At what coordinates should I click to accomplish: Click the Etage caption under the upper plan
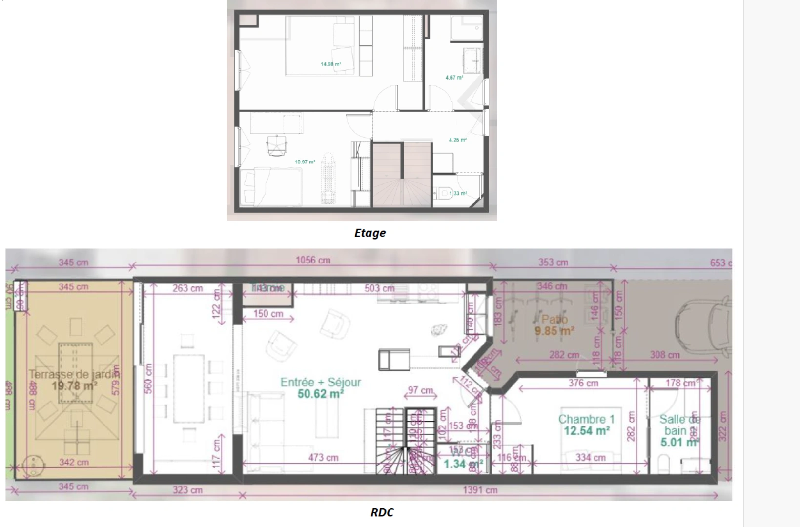(x=370, y=233)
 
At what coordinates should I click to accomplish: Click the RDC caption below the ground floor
(x=382, y=512)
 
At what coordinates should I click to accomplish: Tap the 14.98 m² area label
(x=330, y=64)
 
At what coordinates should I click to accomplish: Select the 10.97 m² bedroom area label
(x=305, y=162)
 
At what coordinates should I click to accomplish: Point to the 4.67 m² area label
(x=454, y=78)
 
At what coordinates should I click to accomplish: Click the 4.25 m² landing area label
(x=457, y=140)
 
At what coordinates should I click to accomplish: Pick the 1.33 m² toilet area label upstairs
(x=458, y=194)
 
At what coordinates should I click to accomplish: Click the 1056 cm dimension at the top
(x=313, y=261)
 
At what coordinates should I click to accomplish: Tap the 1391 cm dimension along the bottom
(x=480, y=490)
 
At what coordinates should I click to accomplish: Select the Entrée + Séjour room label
(x=321, y=382)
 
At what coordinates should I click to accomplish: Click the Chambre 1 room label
(x=586, y=419)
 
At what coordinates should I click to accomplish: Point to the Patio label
(x=554, y=320)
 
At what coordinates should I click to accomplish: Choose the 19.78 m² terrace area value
(x=74, y=386)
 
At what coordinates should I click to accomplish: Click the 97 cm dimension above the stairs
(x=420, y=390)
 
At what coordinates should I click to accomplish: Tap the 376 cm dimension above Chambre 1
(x=583, y=384)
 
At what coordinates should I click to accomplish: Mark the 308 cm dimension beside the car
(x=665, y=355)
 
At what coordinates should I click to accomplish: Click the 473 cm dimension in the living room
(x=323, y=458)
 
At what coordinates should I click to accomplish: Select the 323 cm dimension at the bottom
(x=187, y=490)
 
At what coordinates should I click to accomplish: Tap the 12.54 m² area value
(x=586, y=431)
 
